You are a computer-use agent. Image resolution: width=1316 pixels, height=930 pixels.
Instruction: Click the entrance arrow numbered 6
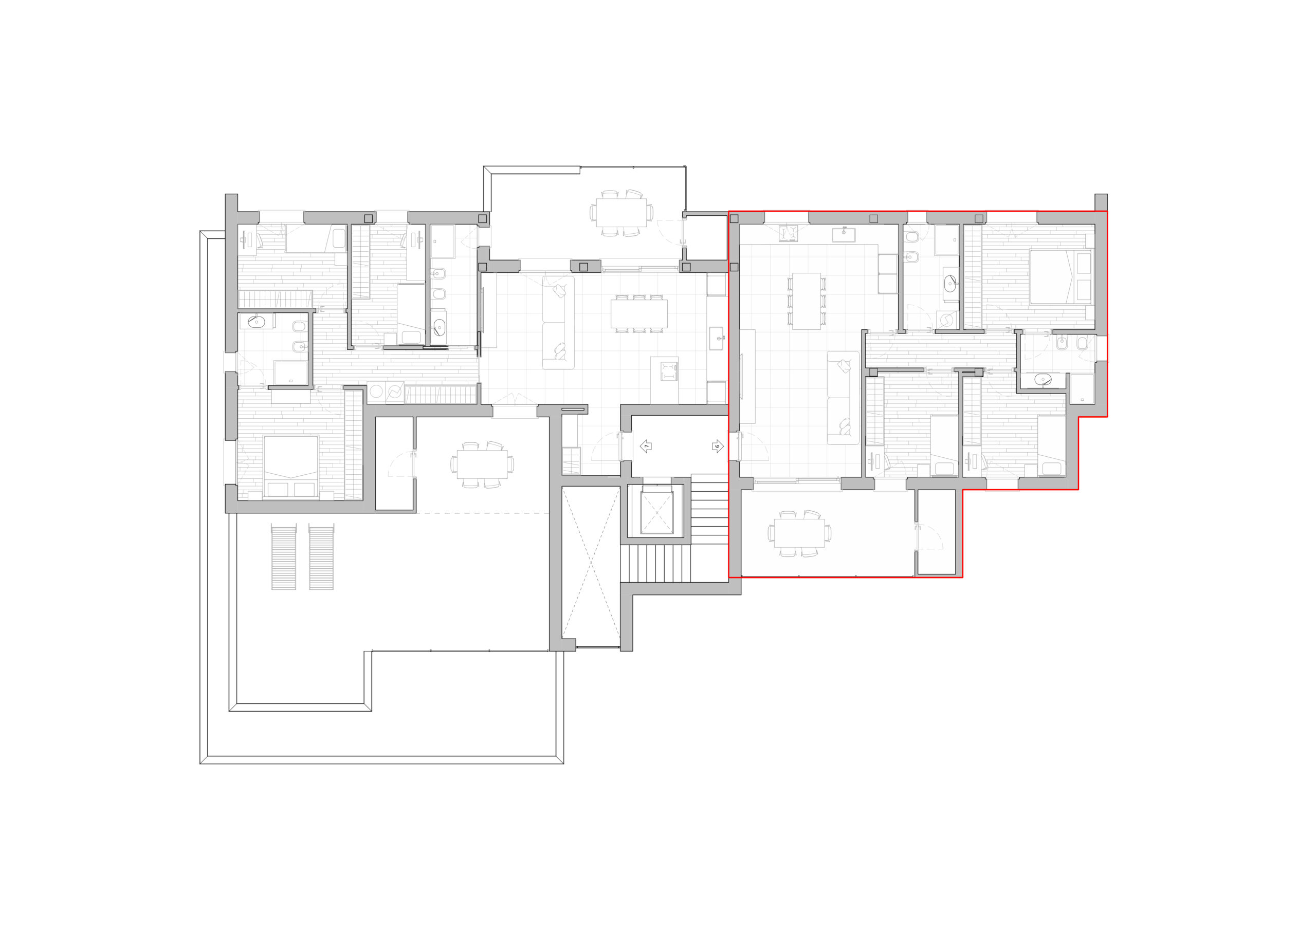point(718,446)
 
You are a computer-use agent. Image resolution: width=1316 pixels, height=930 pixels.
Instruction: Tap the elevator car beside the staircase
point(656,512)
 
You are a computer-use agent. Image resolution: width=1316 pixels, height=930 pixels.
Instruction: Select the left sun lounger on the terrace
point(284,556)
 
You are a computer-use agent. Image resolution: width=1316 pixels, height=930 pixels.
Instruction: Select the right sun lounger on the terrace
point(322,556)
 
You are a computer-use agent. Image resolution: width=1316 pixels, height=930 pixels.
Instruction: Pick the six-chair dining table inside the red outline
point(807,302)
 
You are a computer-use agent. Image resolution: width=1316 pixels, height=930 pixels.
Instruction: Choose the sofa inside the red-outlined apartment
point(843,398)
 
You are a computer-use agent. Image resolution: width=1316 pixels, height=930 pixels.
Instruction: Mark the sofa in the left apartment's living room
point(558,323)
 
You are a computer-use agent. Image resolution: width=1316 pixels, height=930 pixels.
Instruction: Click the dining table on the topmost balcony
point(622,213)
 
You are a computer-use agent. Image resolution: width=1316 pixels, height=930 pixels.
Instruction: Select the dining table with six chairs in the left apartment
point(639,313)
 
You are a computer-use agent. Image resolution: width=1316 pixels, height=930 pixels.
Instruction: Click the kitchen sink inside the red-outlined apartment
point(844,234)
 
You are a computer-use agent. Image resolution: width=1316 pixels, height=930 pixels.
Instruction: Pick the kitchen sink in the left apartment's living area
point(717,338)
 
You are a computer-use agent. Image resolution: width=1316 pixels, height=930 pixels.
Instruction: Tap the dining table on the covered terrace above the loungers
point(482,464)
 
